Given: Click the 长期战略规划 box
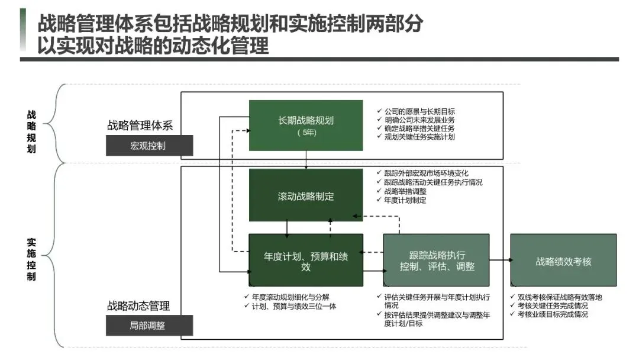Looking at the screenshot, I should click(305, 125).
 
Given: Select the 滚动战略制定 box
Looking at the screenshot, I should click(305, 195).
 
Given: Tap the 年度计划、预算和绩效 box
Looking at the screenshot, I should click(305, 261).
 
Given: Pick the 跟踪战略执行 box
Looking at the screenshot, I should click(437, 261).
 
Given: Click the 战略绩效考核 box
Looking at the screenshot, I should click(563, 261).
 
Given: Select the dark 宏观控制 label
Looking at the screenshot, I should click(149, 146).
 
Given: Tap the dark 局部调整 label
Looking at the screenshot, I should click(149, 325).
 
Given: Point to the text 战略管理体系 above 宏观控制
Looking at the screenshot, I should click(140, 125).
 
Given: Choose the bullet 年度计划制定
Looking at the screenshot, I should click(405, 200).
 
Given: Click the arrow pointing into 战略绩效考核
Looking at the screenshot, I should click(501, 260).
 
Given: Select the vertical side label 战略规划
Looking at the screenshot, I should click(31, 131).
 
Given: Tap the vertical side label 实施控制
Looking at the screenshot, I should click(31, 259).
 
